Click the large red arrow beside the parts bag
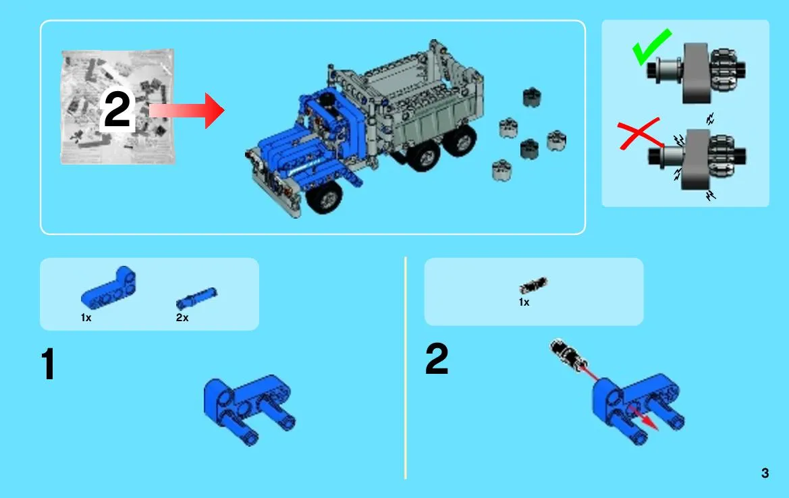click(x=187, y=111)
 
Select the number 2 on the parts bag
click(x=117, y=110)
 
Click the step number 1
click(x=49, y=364)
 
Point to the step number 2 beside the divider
click(x=436, y=358)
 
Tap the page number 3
click(x=765, y=473)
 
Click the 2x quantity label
click(x=182, y=317)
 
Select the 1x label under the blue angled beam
click(x=86, y=317)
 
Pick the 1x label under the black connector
click(x=524, y=302)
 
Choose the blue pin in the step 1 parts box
click(x=196, y=298)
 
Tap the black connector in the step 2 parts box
click(x=533, y=285)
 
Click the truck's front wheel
click(x=324, y=196)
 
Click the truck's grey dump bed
click(x=423, y=101)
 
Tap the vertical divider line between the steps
click(x=405, y=368)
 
